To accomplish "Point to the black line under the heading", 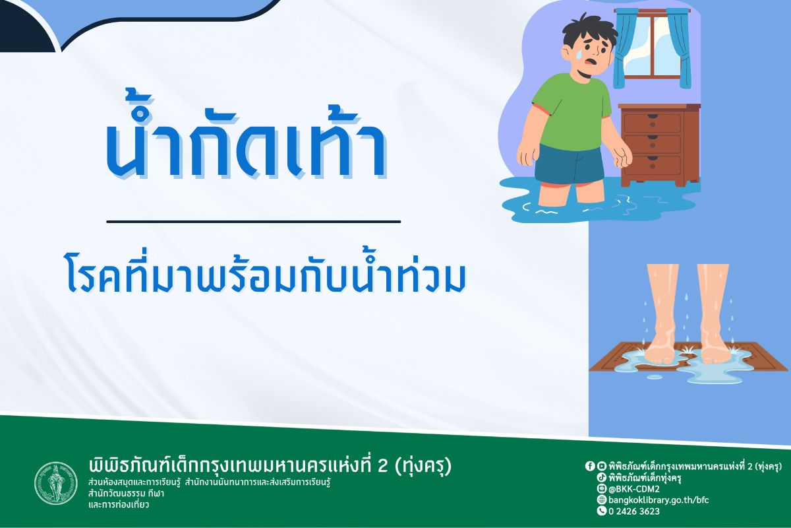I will click(x=253, y=222).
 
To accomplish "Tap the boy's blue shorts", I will click(x=568, y=165).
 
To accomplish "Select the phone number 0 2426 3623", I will click(x=633, y=511).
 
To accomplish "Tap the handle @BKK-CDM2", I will click(x=637, y=488).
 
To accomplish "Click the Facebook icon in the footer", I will click(x=590, y=465).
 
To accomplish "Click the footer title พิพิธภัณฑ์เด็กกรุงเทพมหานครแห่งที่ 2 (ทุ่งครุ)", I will click(x=270, y=465).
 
